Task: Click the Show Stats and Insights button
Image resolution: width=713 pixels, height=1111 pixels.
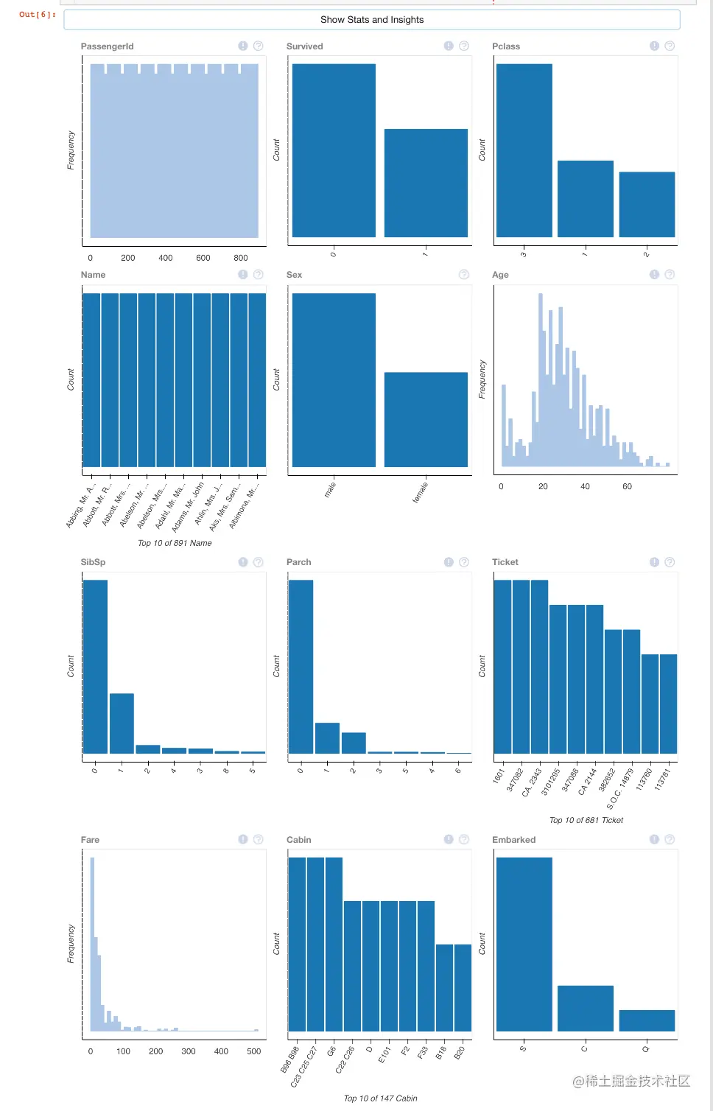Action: [x=372, y=20]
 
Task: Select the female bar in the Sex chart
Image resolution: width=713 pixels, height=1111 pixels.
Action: [x=426, y=419]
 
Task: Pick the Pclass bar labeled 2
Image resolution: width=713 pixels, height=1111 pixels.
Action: [x=647, y=204]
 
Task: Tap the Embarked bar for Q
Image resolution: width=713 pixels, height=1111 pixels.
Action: [x=647, y=1020]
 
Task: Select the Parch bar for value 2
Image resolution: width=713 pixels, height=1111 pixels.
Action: [x=354, y=743]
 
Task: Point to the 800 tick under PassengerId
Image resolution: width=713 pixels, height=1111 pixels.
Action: [x=241, y=258]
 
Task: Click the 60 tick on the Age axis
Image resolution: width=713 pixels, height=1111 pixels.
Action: [x=627, y=487]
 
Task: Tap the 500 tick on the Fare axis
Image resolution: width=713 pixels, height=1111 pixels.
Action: [x=254, y=1051]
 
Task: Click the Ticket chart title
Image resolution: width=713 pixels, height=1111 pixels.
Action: [x=505, y=562]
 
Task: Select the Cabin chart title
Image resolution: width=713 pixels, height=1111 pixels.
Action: [x=298, y=840]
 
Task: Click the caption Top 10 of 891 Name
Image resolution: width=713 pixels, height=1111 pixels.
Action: [x=175, y=543]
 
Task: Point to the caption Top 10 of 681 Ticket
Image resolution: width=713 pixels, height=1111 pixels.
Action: [x=586, y=820]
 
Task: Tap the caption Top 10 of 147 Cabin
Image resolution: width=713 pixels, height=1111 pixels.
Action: [x=380, y=1098]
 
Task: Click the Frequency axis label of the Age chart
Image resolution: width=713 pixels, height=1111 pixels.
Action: [x=482, y=379]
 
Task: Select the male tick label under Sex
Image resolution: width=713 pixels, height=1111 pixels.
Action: [x=330, y=489]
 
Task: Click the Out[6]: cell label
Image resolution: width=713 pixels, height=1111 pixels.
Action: [x=38, y=15]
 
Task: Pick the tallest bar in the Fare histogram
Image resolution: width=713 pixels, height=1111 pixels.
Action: [x=92, y=943]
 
